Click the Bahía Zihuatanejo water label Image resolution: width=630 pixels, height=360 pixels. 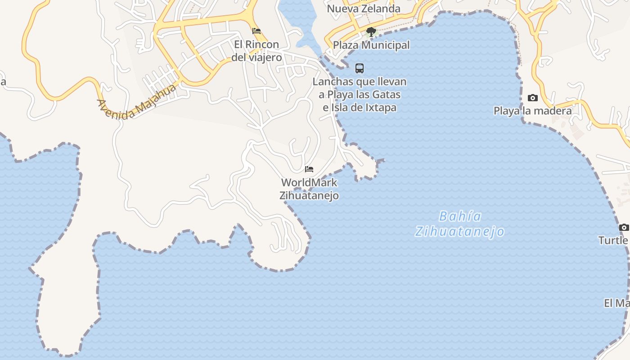coord(459,224)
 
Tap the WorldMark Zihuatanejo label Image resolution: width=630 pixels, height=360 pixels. coord(309,189)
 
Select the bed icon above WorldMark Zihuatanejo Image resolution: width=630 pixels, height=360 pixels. coord(309,169)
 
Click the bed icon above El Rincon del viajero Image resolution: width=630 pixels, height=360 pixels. coord(256,31)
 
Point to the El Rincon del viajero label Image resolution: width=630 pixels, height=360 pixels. coord(256,51)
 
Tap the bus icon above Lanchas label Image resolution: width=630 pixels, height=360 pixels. coord(360,68)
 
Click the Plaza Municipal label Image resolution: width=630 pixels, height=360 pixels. coord(371,45)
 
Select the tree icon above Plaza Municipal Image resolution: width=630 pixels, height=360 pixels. coord(371,31)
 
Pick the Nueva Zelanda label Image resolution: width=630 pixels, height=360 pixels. coord(364,9)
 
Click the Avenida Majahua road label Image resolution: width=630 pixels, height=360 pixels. coord(136,102)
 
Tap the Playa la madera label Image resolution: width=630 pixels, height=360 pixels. coord(533,111)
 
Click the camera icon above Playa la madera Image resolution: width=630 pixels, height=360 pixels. coord(533,98)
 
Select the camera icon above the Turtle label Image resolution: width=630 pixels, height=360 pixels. coord(624,227)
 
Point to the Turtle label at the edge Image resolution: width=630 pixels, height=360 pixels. coord(614,240)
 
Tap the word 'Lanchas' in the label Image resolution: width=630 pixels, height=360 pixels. coord(333,82)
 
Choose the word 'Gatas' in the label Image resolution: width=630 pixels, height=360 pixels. coord(387,94)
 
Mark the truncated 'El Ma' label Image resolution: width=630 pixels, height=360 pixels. coord(616,303)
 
